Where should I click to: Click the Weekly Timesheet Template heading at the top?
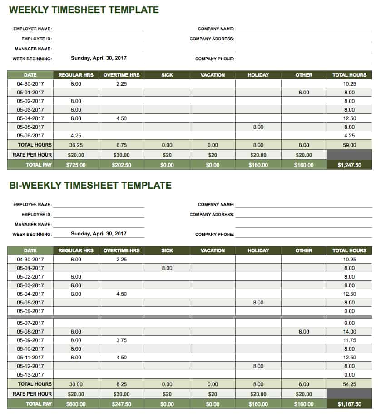(x=84, y=10)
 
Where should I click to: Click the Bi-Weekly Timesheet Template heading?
(x=90, y=185)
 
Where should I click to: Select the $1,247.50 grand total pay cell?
(x=349, y=165)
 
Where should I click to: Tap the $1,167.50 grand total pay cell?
(x=349, y=404)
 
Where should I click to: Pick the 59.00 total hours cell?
(x=349, y=145)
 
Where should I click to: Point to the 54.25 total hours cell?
(x=349, y=384)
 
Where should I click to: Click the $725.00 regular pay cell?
(x=76, y=165)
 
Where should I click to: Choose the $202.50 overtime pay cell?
(x=121, y=165)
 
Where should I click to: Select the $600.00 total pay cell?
(x=76, y=404)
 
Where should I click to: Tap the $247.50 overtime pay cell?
(x=121, y=404)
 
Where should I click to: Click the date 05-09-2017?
(x=30, y=340)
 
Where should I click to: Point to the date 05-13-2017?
(x=30, y=375)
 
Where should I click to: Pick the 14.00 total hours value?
(x=349, y=332)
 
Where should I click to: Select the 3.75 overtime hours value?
(x=121, y=340)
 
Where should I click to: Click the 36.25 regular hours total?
(x=76, y=145)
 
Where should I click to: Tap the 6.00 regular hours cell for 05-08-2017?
(x=76, y=332)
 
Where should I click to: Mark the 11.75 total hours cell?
(x=349, y=340)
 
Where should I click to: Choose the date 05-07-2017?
(x=30, y=323)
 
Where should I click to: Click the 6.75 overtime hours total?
(x=121, y=145)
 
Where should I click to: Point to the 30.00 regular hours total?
(x=76, y=384)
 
